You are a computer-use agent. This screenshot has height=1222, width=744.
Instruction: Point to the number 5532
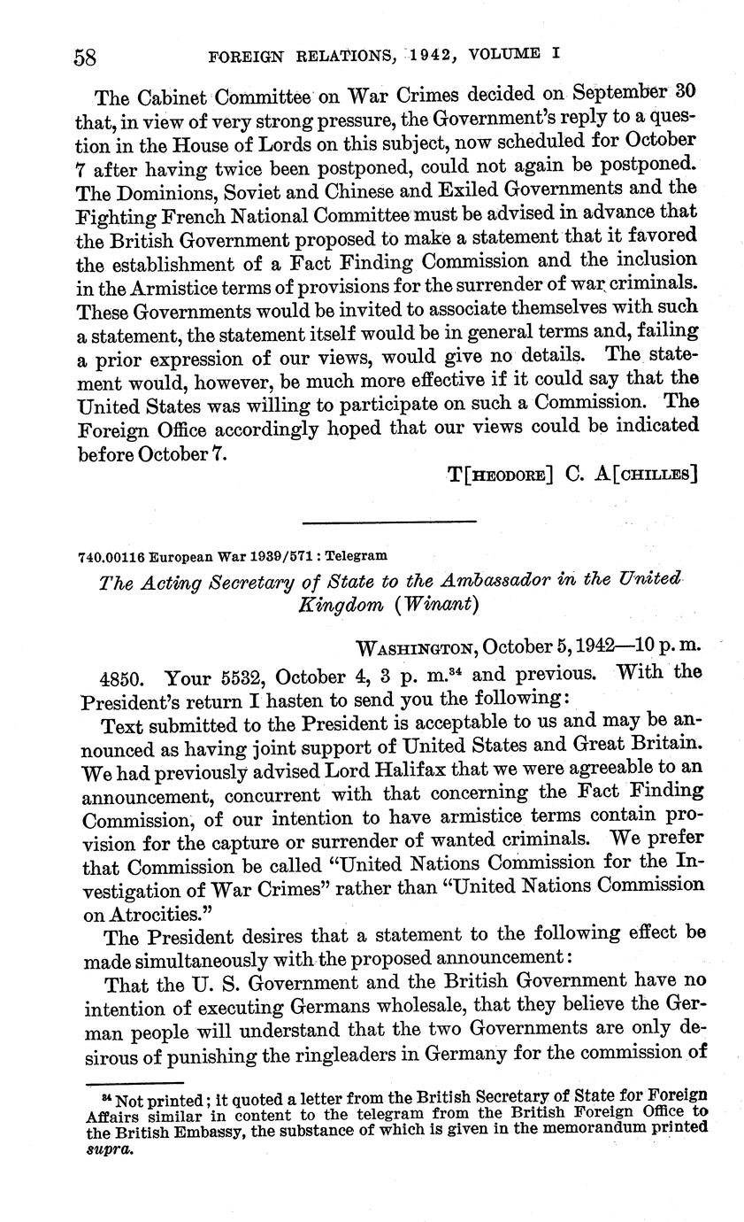242,677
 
